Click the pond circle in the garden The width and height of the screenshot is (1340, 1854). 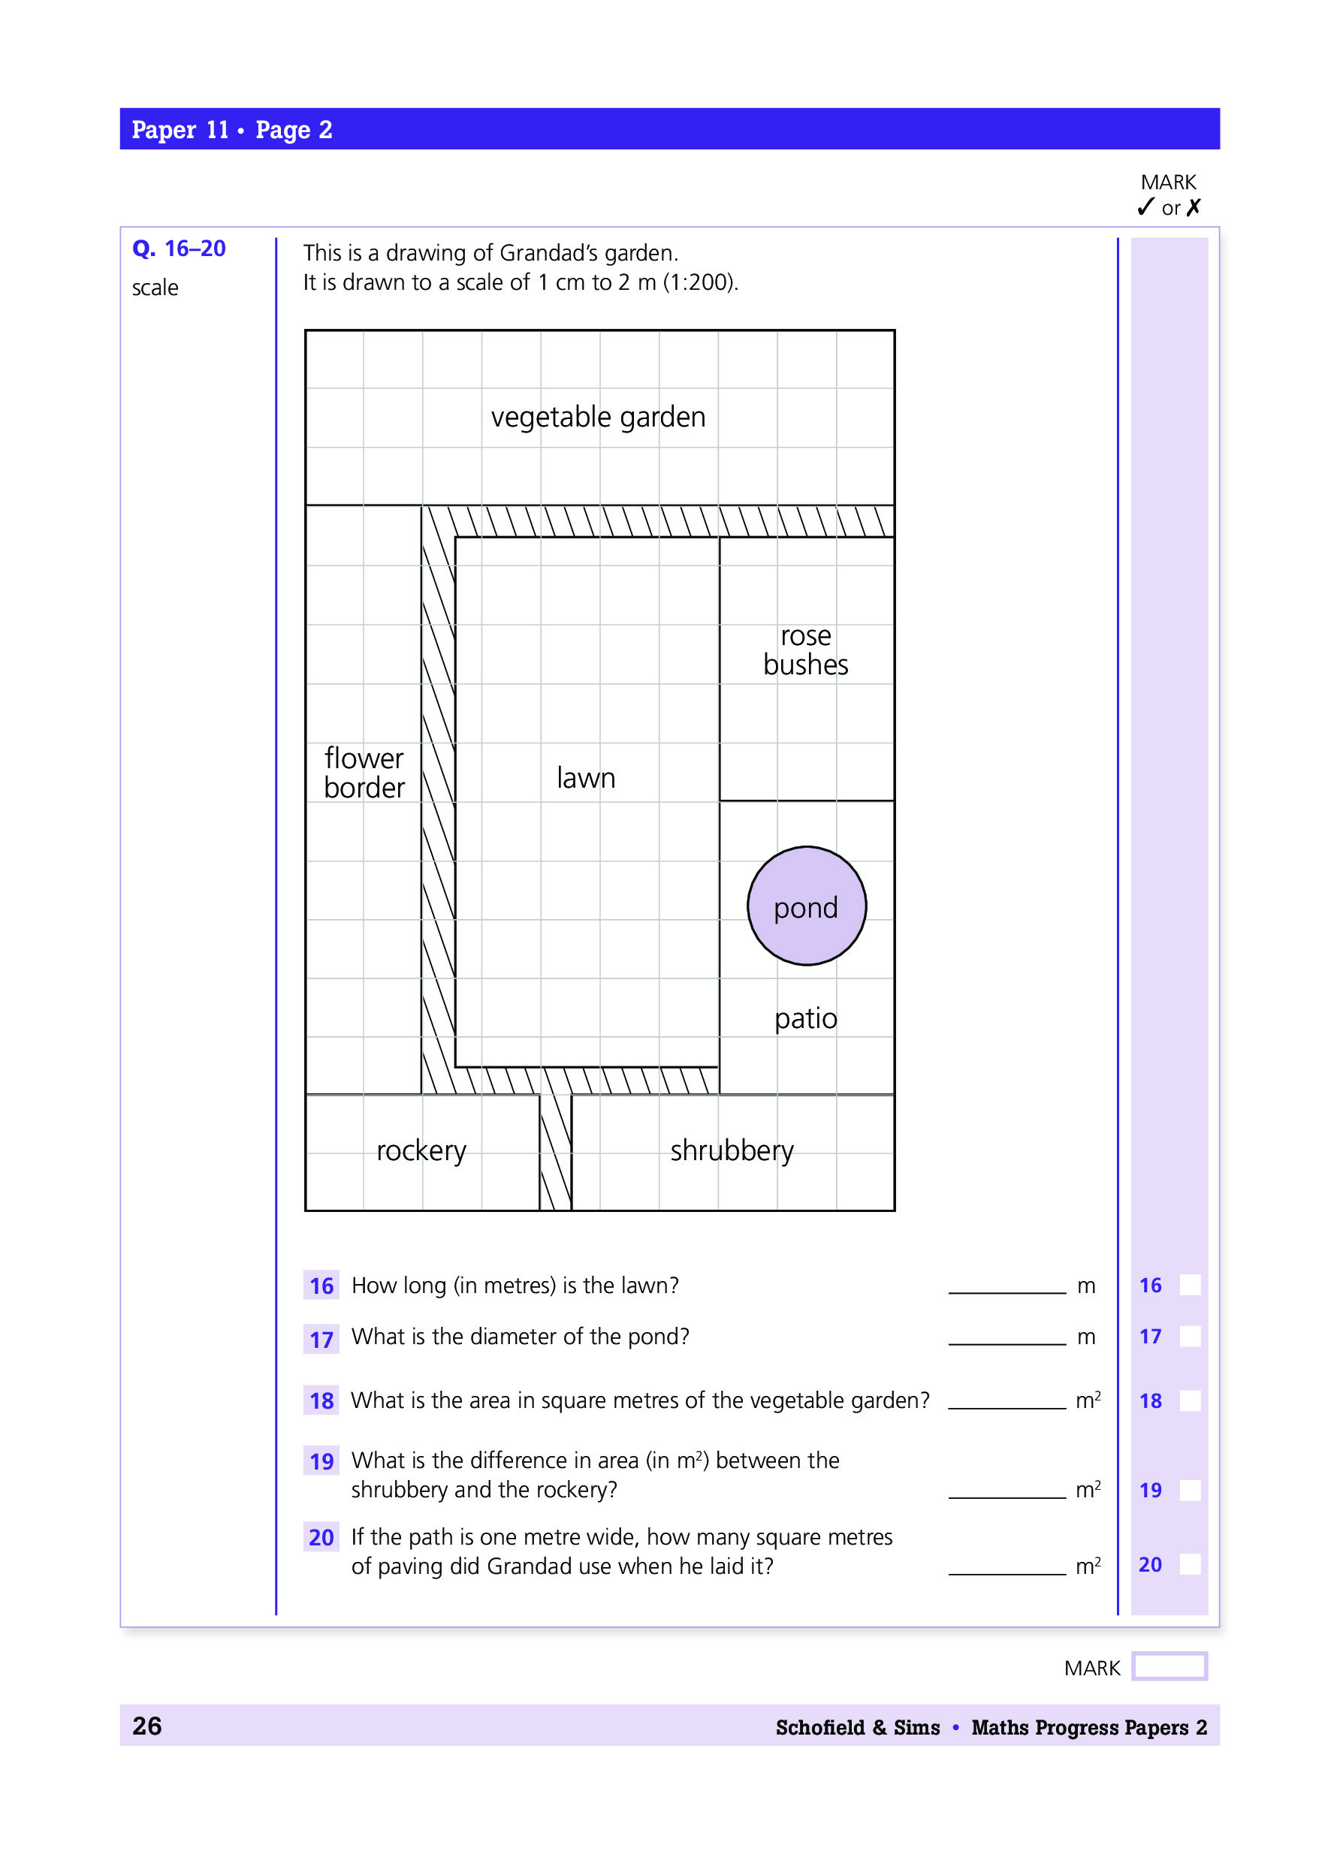pyautogui.click(x=806, y=906)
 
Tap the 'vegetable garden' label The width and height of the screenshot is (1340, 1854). pyautogui.click(x=598, y=417)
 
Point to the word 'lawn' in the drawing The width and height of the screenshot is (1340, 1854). pyautogui.click(x=585, y=777)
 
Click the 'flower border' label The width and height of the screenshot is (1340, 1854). pyautogui.click(x=364, y=773)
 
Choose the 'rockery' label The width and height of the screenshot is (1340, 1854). pyautogui.click(x=421, y=1150)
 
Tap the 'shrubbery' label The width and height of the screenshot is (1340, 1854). pyautogui.click(x=732, y=1150)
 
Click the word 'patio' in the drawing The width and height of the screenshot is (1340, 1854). pyautogui.click(x=805, y=1018)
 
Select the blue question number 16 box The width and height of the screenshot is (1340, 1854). pyautogui.click(x=321, y=1286)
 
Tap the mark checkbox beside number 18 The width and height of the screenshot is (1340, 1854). pyautogui.click(x=1191, y=1401)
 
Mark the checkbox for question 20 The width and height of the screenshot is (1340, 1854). pyautogui.click(x=1191, y=1565)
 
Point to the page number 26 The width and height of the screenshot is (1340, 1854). pyautogui.click(x=147, y=1726)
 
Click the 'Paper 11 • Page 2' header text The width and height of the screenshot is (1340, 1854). pyautogui.click(x=232, y=130)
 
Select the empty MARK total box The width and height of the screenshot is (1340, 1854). pyautogui.click(x=1169, y=1666)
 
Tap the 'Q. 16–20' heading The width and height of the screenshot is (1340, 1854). pyautogui.click(x=179, y=249)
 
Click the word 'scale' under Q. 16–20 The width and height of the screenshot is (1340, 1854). pyautogui.click(x=155, y=288)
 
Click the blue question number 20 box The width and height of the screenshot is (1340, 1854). pyautogui.click(x=321, y=1538)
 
